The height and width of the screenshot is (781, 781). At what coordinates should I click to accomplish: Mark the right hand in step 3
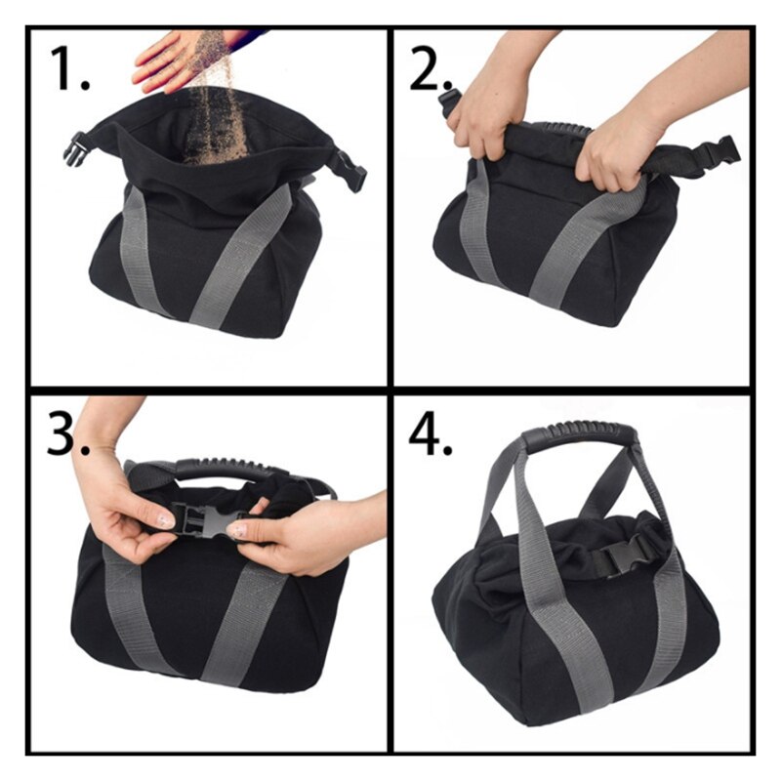click(293, 532)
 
